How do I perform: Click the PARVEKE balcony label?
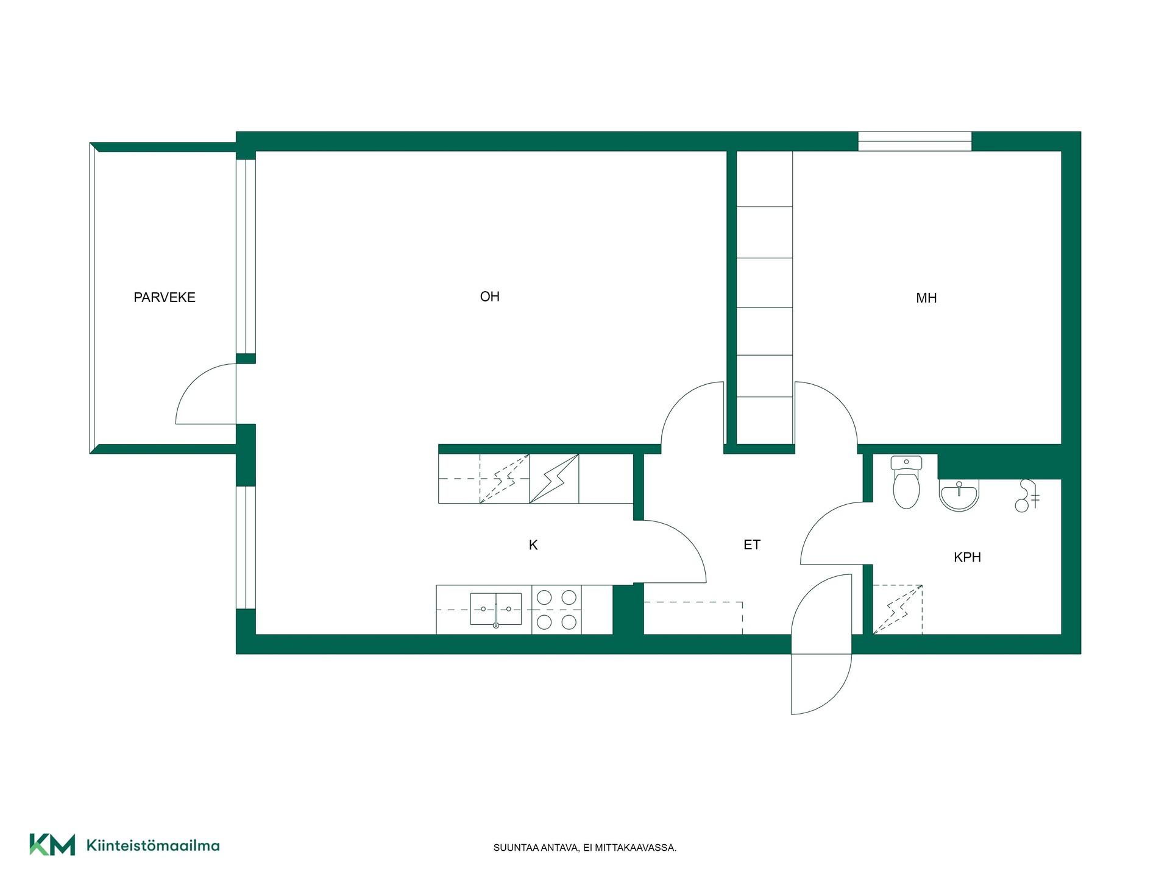click(165, 297)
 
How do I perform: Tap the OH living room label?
click(490, 297)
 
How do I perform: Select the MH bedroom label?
click(926, 298)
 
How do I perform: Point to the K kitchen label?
click(533, 545)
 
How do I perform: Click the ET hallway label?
click(752, 544)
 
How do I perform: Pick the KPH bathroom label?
click(967, 557)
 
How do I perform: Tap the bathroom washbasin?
click(959, 495)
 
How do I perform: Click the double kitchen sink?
click(495, 609)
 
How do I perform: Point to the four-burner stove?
click(556, 610)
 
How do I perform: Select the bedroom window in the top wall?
click(915, 141)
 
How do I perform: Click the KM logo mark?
click(52, 845)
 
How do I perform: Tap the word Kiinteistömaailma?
click(153, 845)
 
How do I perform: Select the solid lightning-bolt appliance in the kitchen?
click(554, 479)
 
